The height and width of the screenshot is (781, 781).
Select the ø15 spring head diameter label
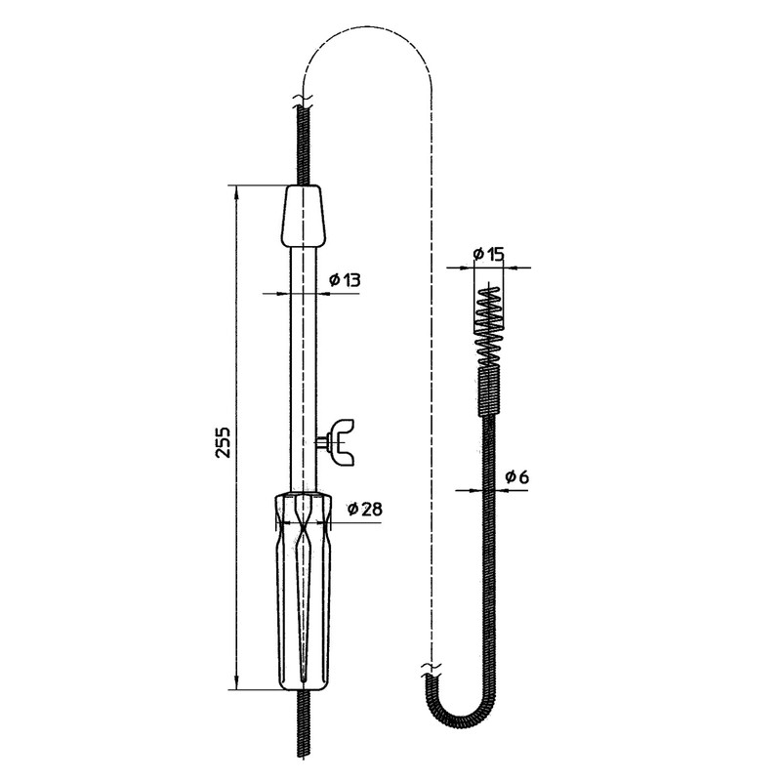488,255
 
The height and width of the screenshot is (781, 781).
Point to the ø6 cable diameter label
517,477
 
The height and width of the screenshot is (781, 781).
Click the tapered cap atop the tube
304,217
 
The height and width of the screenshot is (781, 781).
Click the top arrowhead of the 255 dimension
238,191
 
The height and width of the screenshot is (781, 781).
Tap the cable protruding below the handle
304,727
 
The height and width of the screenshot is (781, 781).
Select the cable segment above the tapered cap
304,146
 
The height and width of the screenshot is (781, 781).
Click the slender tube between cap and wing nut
304,332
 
